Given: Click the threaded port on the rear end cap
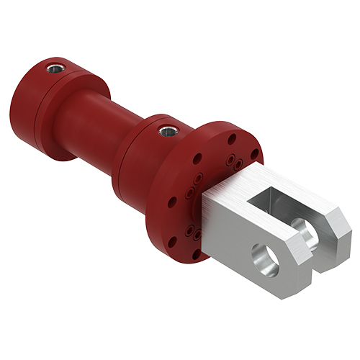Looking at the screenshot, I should tap(54, 68).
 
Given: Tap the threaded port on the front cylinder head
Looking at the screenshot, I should tap(167, 131).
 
